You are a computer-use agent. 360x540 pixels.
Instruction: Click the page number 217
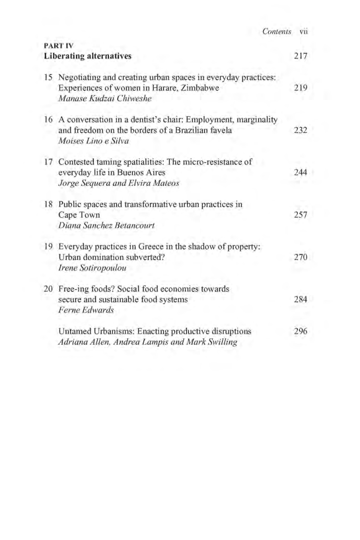(x=300, y=56)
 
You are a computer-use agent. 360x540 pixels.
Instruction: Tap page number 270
(x=300, y=257)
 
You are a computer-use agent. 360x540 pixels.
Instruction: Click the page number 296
(x=300, y=331)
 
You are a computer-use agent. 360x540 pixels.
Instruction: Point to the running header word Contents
(x=276, y=32)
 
